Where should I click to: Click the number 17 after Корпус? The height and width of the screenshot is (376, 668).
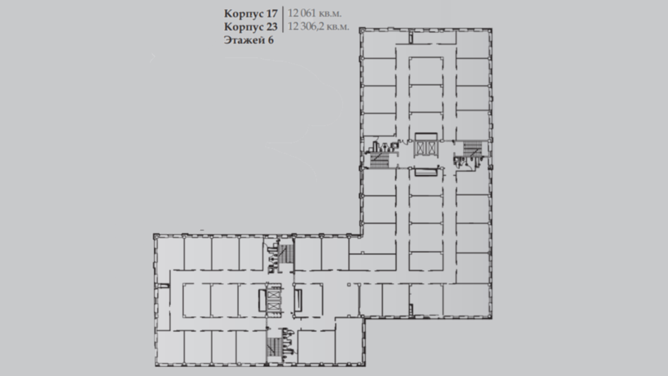point(270,13)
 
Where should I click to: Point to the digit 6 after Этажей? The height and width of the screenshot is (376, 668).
point(270,40)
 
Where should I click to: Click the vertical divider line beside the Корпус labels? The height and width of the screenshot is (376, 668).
point(283,19)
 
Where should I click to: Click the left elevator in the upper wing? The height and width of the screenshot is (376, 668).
point(421,148)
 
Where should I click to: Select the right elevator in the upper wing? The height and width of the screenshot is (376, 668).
point(432,148)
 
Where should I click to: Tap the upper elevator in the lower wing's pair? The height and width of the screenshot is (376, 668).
point(273,294)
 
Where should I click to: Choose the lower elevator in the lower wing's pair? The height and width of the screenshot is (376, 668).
point(273,305)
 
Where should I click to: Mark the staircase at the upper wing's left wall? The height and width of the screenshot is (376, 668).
point(379,160)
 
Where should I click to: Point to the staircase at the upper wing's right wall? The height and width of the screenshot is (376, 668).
point(472,149)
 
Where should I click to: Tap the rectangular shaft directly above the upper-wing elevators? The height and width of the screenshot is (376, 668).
point(426,137)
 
